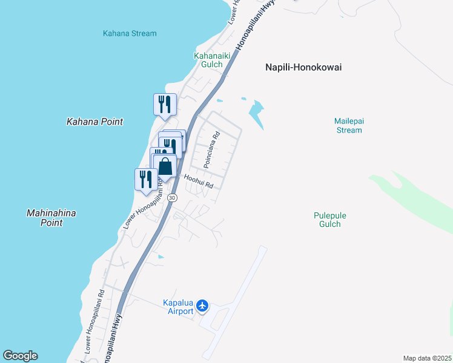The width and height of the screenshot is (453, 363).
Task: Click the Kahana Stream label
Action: (130, 34)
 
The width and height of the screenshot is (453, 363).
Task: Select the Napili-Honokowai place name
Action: (303, 67)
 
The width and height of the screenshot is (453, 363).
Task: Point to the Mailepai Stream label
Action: (348, 125)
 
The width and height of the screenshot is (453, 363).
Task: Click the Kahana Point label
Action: (94, 122)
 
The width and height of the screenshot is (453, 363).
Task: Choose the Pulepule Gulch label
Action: (329, 220)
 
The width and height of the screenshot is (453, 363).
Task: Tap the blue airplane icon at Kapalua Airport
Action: (202, 307)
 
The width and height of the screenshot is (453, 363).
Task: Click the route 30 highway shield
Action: (173, 198)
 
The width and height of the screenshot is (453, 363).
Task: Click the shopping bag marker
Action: (165, 166)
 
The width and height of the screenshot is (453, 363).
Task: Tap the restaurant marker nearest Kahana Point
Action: (165, 105)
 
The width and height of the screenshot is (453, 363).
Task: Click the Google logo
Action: (20, 356)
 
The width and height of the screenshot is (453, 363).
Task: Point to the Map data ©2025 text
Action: (427, 358)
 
